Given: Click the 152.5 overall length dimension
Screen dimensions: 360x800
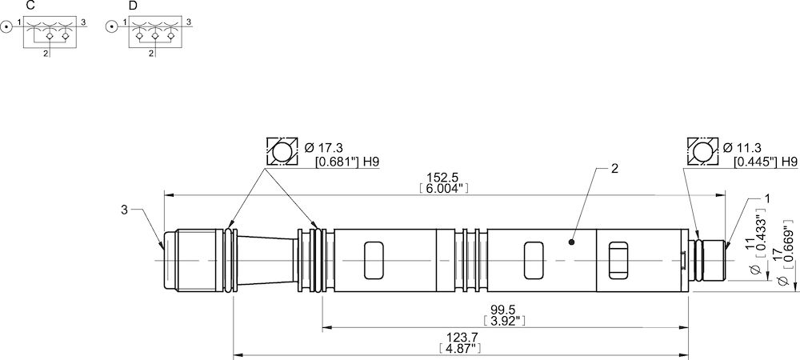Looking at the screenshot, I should [442, 178].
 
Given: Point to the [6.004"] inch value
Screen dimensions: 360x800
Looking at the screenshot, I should [442, 189].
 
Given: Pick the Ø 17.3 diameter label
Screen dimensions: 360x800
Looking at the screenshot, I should [325, 148].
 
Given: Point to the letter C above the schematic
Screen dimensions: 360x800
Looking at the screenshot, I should [30, 6].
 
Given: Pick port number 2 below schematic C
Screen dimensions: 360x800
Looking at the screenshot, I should [46, 54].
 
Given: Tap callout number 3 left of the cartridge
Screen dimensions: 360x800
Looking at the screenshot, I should [124, 210].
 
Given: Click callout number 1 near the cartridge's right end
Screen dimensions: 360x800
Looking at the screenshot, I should [767, 197].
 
